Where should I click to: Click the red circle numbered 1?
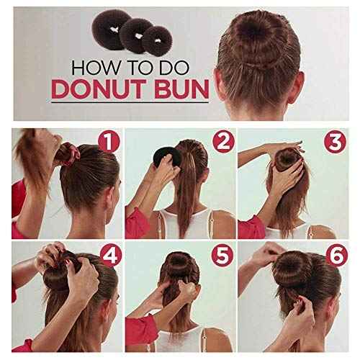(x=107, y=142)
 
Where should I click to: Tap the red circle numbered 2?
(x=223, y=142)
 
